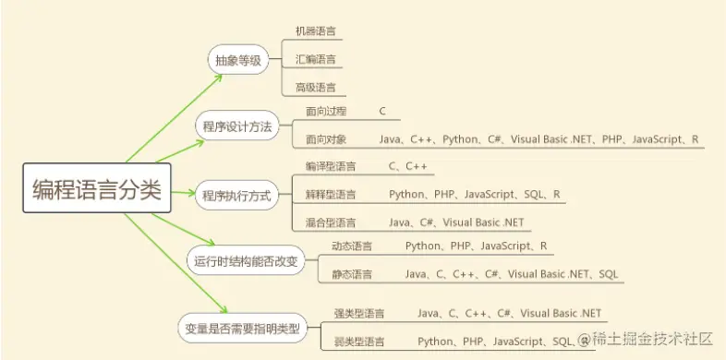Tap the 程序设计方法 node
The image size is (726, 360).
click(x=236, y=126)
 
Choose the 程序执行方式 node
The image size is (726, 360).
click(x=236, y=195)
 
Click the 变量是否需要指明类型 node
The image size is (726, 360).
click(x=242, y=327)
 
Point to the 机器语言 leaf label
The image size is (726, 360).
click(x=315, y=31)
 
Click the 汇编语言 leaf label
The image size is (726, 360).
click(x=315, y=60)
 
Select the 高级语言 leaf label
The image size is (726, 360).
click(x=315, y=88)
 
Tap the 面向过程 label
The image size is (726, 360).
click(x=326, y=111)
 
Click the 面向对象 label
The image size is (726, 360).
click(x=326, y=139)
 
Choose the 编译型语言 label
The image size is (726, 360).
click(x=331, y=166)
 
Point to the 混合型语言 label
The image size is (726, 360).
click(x=331, y=222)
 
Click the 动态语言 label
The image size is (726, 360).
click(x=352, y=246)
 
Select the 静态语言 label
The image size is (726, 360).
click(x=352, y=274)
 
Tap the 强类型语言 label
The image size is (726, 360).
click(x=359, y=314)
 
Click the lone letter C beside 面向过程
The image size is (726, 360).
click(x=382, y=111)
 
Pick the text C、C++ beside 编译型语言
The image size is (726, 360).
click(x=408, y=166)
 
